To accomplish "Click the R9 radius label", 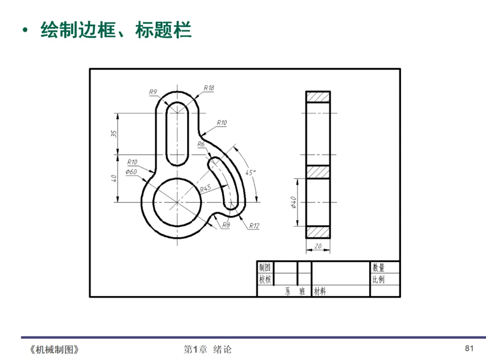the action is (x=153, y=92).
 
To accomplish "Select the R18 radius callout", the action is (x=209, y=88).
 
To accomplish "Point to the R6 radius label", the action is (x=201, y=144).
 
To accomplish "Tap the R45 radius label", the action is (x=206, y=188).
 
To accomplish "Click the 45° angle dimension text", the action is (x=251, y=173).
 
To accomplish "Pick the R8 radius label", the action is (x=225, y=226).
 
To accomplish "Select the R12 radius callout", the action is (x=254, y=226).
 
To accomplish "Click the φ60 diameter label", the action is (x=131, y=172).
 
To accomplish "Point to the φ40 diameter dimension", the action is (x=293, y=203).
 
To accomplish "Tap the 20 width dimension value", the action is (x=318, y=246).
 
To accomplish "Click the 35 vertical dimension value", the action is (x=114, y=133).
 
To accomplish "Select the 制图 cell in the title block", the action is (x=265, y=267).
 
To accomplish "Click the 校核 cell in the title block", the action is (x=265, y=280).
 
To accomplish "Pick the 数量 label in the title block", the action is (x=378, y=268).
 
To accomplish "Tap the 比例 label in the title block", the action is (x=378, y=280).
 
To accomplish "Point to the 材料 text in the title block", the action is (x=320, y=292).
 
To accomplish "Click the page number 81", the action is (x=469, y=348).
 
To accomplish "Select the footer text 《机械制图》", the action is (x=54, y=349).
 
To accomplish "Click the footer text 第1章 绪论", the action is (x=207, y=349).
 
